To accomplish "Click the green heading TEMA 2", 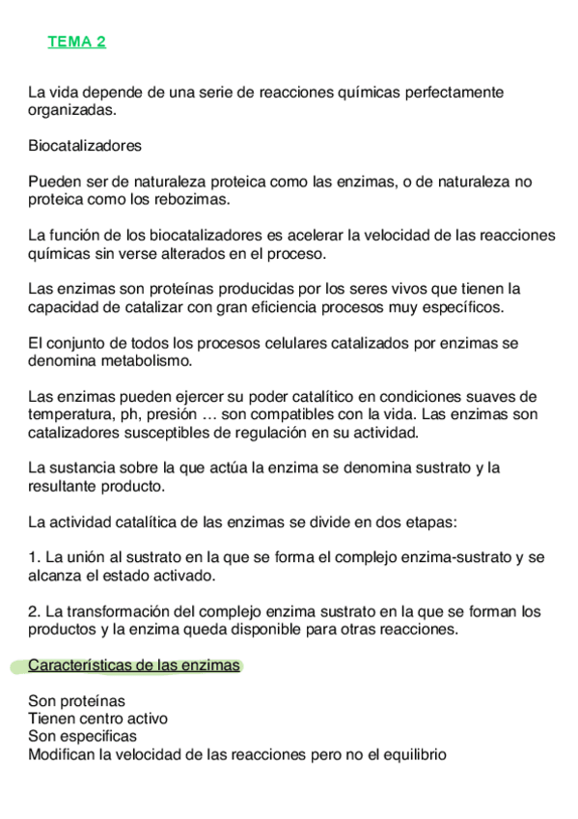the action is [77, 42].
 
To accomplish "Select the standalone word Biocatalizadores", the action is [85, 146].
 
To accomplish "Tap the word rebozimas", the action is [198, 199].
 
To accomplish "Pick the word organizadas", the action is [71, 110].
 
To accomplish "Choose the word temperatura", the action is [72, 414].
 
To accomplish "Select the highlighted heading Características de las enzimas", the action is [134, 665].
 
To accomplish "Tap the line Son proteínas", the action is [76, 701].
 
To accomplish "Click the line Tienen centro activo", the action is [98, 719].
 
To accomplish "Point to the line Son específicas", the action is [83, 736].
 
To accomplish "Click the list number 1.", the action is [33, 557].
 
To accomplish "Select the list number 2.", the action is [33, 611].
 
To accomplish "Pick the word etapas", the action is [430, 522].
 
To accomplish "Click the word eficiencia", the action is [258, 307].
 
